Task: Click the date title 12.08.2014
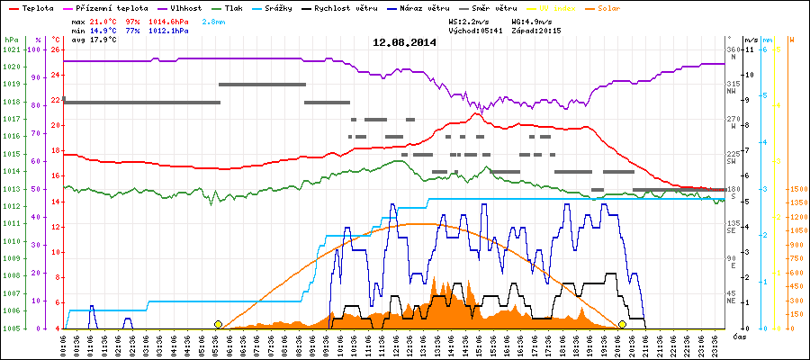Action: [405, 42]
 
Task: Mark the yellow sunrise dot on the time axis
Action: [218, 324]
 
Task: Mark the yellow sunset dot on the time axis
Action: [622, 324]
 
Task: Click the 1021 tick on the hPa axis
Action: [11, 49]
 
